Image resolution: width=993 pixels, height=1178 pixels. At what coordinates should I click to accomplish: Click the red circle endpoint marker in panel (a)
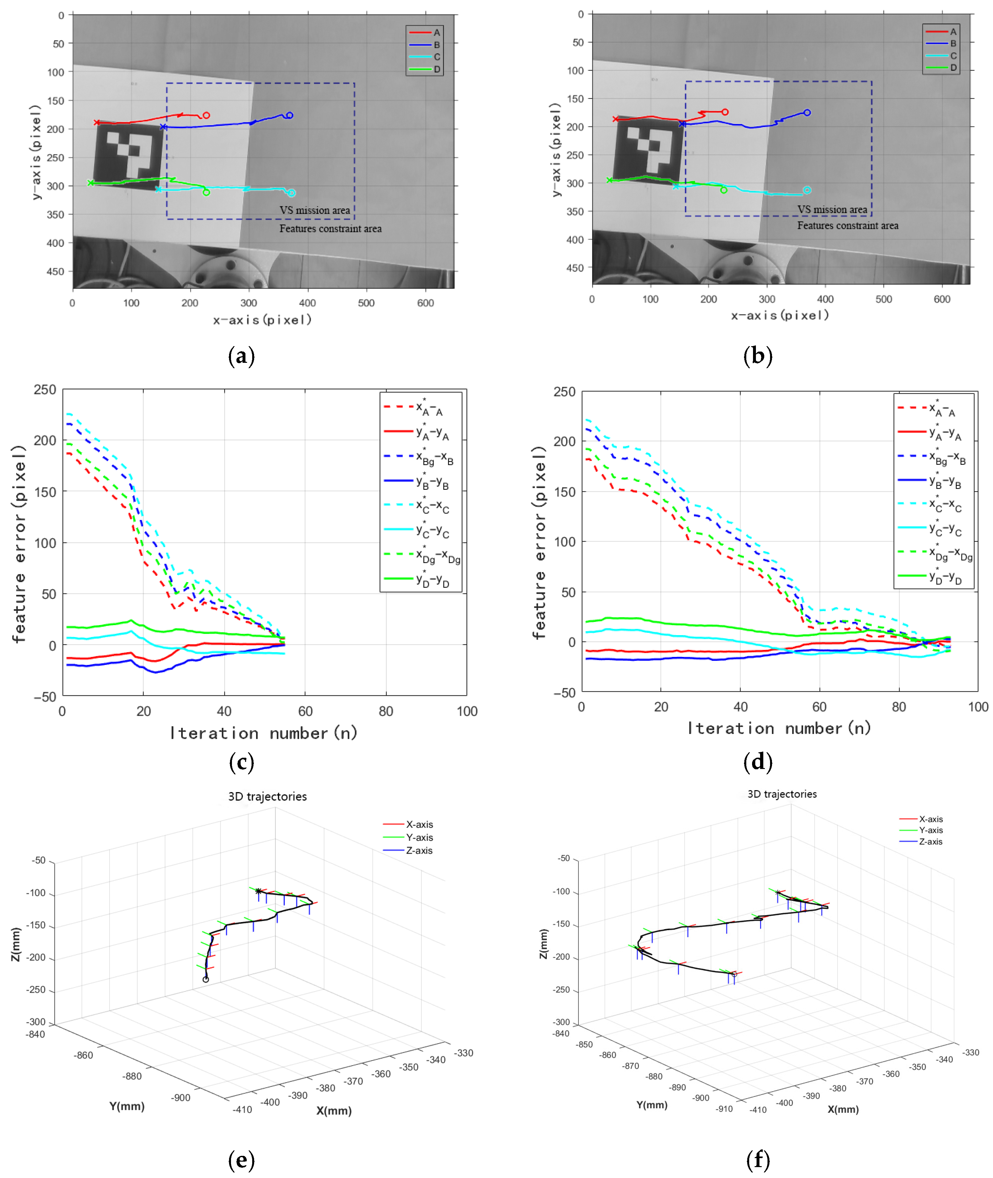pos(207,115)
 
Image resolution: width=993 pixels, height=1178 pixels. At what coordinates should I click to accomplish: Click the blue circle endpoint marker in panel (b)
pos(807,112)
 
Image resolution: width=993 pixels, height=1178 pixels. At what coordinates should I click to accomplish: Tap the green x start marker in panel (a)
pos(91,183)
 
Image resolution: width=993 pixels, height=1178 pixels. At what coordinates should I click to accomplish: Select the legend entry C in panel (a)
pos(437,57)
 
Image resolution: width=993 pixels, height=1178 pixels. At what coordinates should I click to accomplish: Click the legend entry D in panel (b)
pos(953,67)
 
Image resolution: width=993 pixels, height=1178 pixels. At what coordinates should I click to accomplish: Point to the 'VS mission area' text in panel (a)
pos(315,210)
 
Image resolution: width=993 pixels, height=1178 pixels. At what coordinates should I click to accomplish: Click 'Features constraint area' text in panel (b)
pos(848,226)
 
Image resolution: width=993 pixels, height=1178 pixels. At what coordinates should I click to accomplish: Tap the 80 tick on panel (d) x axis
pos(899,707)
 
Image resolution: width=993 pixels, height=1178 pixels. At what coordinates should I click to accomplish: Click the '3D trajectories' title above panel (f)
pos(782,794)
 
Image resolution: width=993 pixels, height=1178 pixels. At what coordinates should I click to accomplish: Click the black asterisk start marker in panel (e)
pos(258,891)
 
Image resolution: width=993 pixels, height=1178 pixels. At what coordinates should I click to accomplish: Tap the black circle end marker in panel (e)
pos(206,979)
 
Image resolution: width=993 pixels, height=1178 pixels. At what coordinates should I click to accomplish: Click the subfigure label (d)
pos(758,762)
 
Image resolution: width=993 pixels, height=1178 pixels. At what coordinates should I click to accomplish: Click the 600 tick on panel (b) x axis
pos(942,299)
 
